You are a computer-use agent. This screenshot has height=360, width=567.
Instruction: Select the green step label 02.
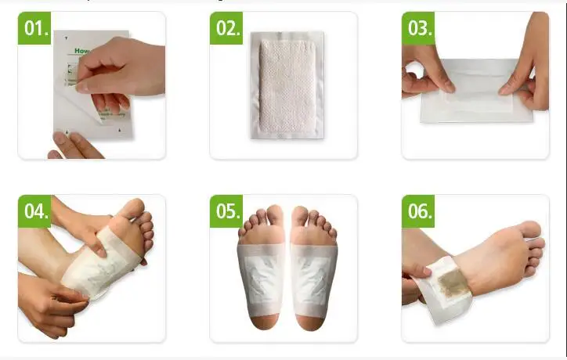pos(227,28)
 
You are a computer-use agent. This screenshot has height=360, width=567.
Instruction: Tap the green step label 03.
pos(419,28)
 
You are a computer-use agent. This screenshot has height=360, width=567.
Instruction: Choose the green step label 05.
pos(227,212)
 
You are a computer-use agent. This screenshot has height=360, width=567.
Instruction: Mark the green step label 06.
pos(419,212)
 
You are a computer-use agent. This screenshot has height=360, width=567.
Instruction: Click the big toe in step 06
pos(531,229)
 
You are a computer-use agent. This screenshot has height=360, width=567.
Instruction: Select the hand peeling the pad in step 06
pos(415,278)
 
